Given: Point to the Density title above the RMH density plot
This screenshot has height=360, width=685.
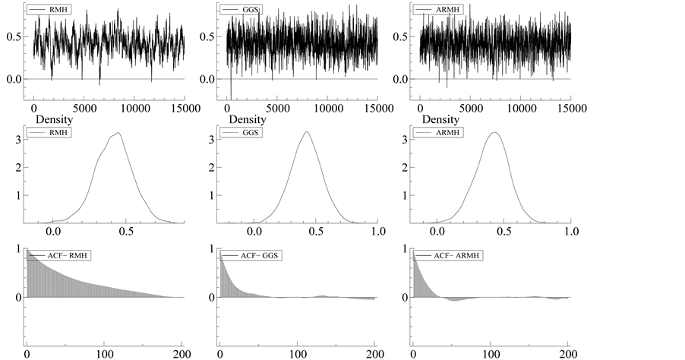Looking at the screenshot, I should pyautogui.click(x=55, y=120).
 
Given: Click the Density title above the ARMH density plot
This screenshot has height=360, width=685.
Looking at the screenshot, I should pyautogui.click(x=440, y=120).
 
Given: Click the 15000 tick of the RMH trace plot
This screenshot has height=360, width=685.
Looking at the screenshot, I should pyautogui.click(x=183, y=109).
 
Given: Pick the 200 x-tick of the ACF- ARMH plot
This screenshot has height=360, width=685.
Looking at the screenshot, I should pyautogui.click(x=568, y=353).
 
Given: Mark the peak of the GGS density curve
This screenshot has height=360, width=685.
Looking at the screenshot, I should pyautogui.click(x=307, y=132).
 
